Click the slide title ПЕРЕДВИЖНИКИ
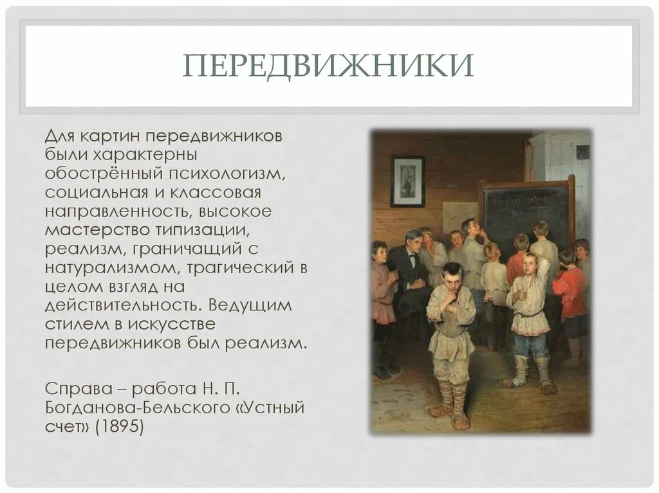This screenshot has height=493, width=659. [328, 66]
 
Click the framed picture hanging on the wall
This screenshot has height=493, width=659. [408, 181]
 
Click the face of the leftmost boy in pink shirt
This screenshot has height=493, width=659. [380, 252]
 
